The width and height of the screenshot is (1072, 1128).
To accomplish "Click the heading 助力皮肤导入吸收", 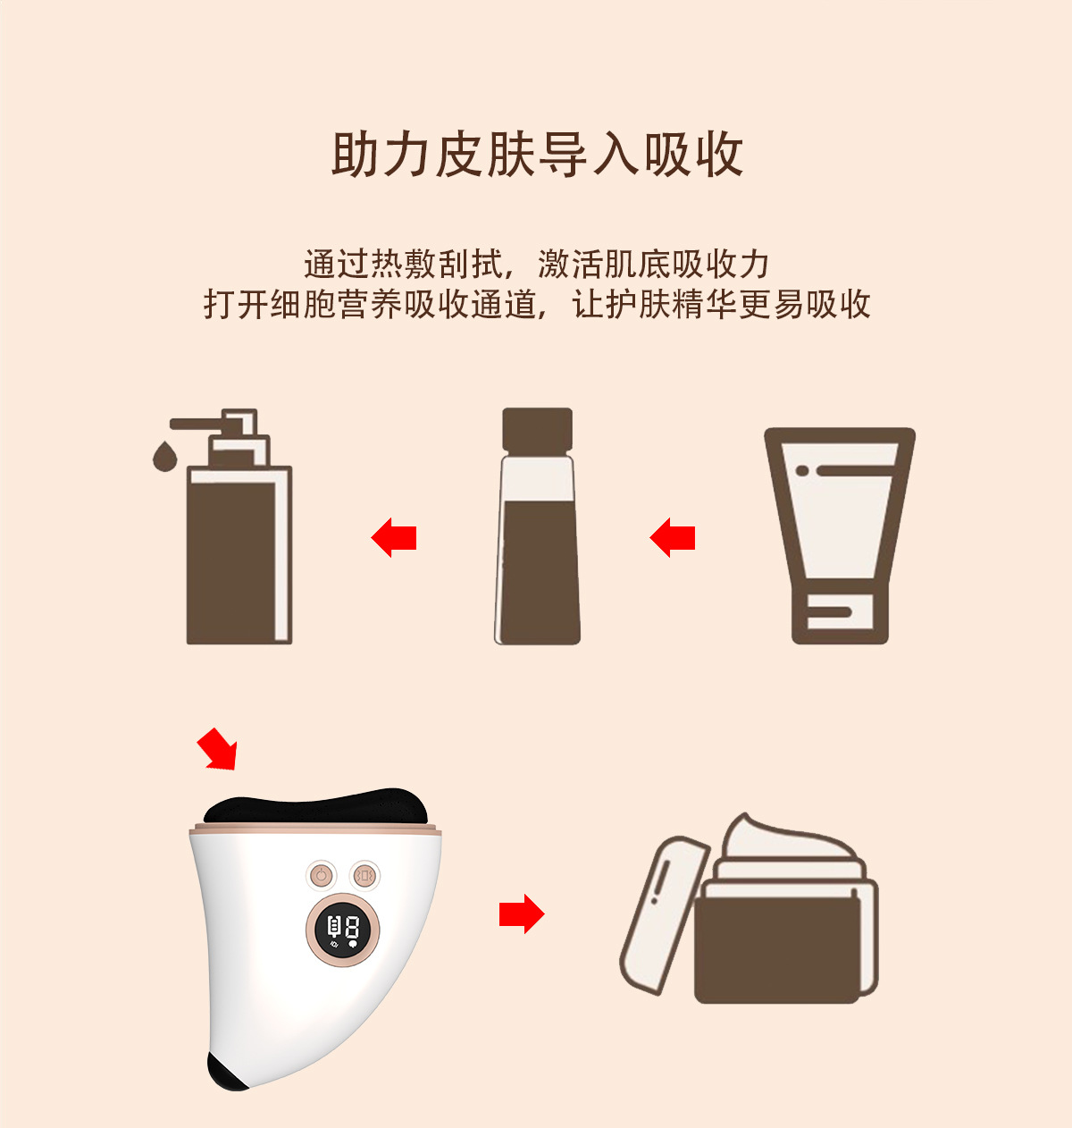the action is coord(537,155).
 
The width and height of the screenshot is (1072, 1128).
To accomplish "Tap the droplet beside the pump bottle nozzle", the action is coord(164,456).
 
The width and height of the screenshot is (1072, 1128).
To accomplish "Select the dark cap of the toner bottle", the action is coord(538,430).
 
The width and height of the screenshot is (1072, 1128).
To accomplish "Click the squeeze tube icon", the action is coord(840,535).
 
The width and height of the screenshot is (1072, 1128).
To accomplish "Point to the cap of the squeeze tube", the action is coord(841,618).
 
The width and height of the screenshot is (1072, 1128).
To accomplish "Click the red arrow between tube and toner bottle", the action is coord(672,537).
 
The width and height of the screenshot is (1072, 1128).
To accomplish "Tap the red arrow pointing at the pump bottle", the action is coord(393,537).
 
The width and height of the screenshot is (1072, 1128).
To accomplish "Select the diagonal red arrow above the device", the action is coord(217,749).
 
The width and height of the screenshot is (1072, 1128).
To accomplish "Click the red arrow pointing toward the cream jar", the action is coord(522,913).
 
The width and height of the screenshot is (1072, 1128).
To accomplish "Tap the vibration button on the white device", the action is coord(364,876).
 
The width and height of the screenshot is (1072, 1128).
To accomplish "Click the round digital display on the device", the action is coord(343,929).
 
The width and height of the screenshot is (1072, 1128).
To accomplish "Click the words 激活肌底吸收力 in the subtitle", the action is coord(653,265).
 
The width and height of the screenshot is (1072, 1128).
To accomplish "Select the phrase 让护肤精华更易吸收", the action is coord(721,304).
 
